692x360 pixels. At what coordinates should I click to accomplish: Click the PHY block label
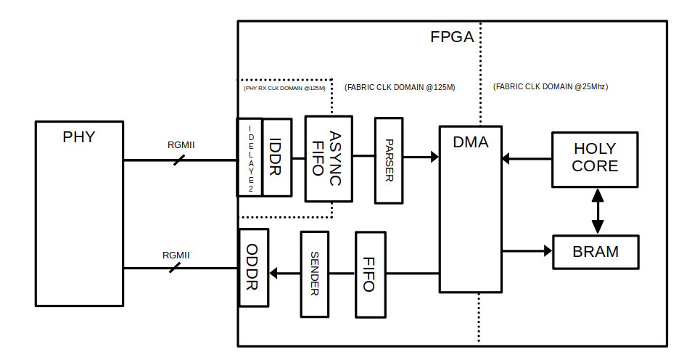78,136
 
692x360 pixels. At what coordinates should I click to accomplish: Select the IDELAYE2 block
250,157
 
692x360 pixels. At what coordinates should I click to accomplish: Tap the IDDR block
276,157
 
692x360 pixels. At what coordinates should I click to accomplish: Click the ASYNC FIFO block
329,158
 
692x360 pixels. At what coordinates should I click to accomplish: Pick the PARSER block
389,160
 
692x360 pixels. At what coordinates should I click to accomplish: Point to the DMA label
470,143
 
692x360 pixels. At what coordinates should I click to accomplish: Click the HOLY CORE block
596,158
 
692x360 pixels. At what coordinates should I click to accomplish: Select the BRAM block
596,252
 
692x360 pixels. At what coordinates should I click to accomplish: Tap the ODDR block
252,266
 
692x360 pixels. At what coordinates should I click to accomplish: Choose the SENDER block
315,273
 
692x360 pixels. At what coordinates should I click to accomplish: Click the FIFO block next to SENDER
368,274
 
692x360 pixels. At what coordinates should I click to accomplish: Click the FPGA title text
452,37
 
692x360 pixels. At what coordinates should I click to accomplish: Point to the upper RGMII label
181,144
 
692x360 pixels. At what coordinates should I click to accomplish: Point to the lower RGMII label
176,255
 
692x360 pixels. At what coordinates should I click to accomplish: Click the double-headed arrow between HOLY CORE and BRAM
597,211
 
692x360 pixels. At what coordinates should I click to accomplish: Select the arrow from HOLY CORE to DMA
526,157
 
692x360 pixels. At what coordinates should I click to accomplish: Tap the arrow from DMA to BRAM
527,251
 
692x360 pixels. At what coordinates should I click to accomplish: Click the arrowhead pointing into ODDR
273,274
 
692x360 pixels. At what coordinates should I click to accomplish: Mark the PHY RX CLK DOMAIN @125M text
284,88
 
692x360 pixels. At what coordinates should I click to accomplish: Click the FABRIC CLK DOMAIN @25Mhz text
550,86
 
